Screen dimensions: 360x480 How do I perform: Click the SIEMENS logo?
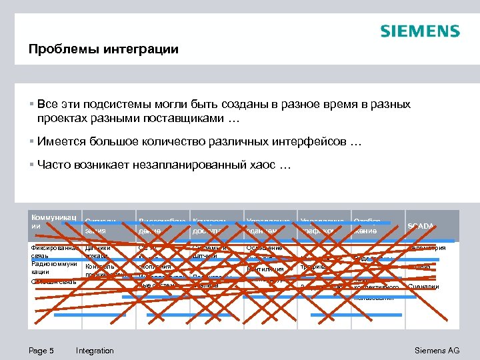[419, 31]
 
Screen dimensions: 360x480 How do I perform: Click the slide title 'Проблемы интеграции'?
[103, 49]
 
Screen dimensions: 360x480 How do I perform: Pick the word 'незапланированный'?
[186, 165]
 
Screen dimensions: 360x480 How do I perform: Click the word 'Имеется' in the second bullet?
[62, 141]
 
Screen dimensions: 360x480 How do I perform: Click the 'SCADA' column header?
[421, 226]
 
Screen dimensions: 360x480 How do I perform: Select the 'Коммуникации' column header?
[54, 221]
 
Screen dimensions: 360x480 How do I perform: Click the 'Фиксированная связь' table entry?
[53, 253]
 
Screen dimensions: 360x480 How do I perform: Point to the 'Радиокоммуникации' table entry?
[53, 268]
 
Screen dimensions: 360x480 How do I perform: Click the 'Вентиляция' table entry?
[265, 269]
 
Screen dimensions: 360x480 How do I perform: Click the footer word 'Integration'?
[95, 351]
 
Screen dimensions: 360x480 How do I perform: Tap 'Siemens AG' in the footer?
[437, 351]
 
